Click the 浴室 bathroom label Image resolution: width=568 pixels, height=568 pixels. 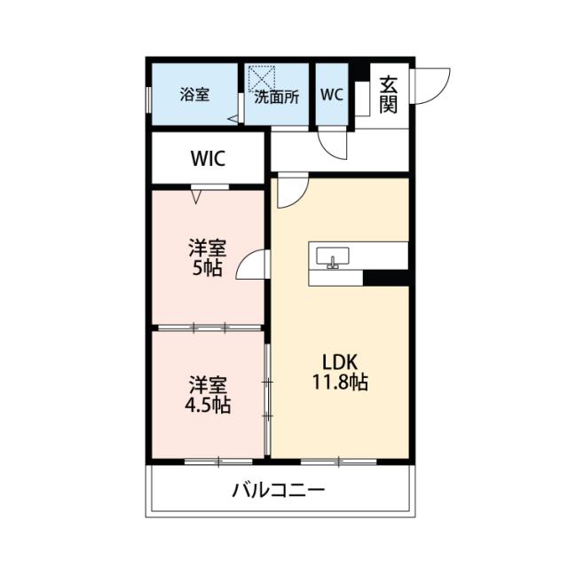click(x=195, y=95)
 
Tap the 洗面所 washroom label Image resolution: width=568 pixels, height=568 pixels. click(x=276, y=98)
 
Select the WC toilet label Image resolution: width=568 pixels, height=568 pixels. click(x=332, y=94)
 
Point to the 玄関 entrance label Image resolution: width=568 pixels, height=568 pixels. click(x=388, y=95)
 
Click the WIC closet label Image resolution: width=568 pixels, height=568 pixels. click(x=209, y=159)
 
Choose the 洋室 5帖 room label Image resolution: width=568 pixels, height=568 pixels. click(x=205, y=256)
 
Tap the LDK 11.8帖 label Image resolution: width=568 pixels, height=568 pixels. click(x=338, y=372)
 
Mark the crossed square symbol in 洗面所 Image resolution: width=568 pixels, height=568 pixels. click(x=263, y=77)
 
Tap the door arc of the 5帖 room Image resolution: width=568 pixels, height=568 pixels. click(x=250, y=265)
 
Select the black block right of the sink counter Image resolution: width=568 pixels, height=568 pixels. click(x=385, y=277)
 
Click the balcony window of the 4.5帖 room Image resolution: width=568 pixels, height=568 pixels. click(x=217, y=461)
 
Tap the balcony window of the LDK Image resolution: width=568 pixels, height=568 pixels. click(x=338, y=461)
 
